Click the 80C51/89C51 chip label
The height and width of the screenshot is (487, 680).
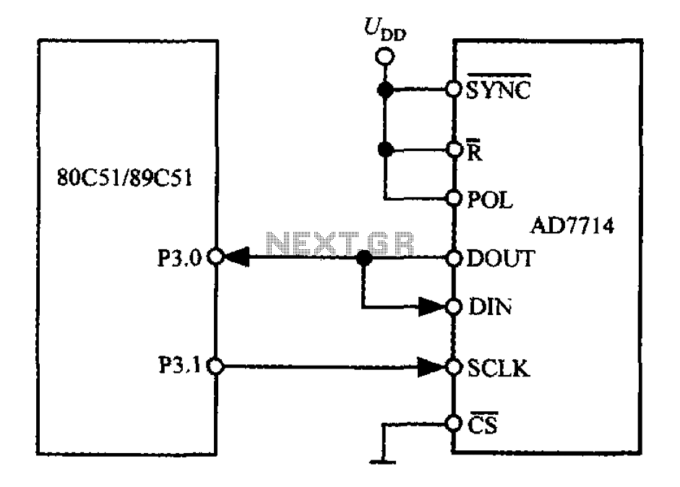[x=124, y=178]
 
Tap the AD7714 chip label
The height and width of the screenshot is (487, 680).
[x=572, y=226]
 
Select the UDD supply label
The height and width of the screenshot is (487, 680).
[x=385, y=30]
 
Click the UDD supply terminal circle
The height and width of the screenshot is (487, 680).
[x=384, y=57]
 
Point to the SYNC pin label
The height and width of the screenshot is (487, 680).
[x=499, y=90]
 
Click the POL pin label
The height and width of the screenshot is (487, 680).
[x=490, y=200]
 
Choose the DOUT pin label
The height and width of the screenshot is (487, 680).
[x=501, y=259]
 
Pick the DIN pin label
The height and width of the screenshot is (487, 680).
[x=490, y=306]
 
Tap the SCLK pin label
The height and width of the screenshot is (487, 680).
[x=499, y=369]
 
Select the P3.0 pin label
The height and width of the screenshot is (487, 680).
[x=179, y=258]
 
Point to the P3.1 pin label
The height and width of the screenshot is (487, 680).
[x=179, y=365]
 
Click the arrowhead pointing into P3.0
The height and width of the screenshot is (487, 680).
[x=237, y=257]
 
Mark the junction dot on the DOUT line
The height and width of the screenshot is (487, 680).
[x=364, y=259]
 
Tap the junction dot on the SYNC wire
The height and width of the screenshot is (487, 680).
[x=385, y=90]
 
